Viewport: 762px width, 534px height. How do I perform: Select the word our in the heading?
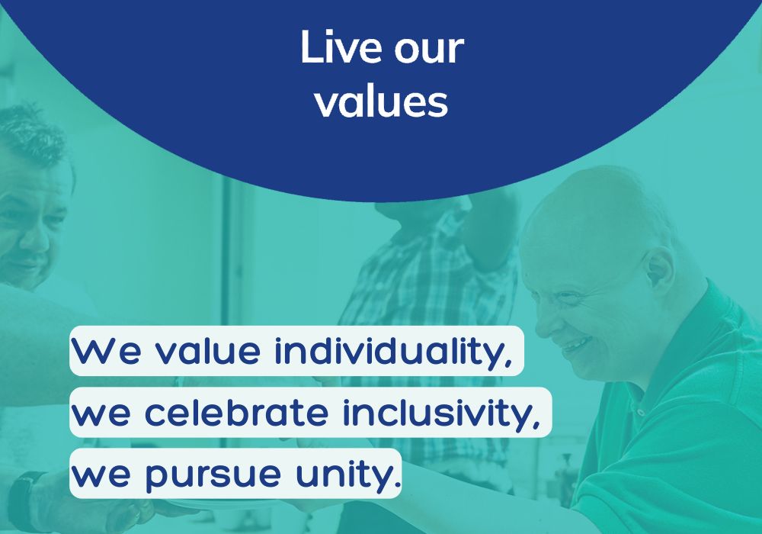(429, 50)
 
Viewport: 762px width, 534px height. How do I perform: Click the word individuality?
(393, 351)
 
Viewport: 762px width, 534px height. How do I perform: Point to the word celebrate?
(237, 412)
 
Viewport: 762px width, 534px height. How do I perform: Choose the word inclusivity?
(441, 413)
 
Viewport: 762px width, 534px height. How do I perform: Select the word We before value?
(107, 351)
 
